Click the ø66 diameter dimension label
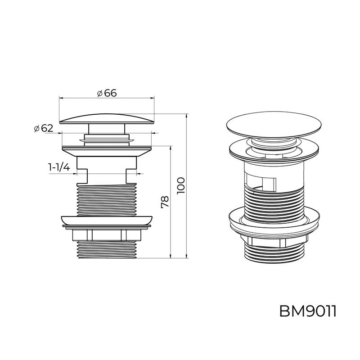pos(107,93)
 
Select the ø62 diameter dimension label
pos(44,128)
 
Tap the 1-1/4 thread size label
pos(59,167)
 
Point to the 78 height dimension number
pos(165,202)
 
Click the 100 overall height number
pos(181,185)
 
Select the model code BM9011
pos(308,311)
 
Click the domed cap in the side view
pos(107,119)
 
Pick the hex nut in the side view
pos(107,234)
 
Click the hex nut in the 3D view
pos(274,241)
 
